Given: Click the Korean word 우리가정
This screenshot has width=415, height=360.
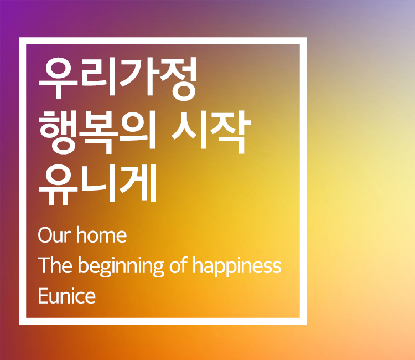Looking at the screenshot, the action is pyautogui.click(x=118, y=79).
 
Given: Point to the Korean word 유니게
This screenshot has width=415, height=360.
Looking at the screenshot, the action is pyautogui.click(x=98, y=184).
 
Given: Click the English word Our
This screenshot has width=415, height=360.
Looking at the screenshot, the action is pyautogui.click(x=55, y=235).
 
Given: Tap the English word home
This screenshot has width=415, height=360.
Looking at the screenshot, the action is pyautogui.click(x=102, y=234).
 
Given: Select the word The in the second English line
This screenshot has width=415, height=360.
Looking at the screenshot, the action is pyautogui.click(x=55, y=265).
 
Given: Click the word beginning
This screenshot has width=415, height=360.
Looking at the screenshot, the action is pyautogui.click(x=121, y=266).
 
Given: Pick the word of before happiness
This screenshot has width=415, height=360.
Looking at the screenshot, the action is pyautogui.click(x=178, y=265).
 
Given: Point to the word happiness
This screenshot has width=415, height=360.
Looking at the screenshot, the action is pyautogui.click(x=237, y=266).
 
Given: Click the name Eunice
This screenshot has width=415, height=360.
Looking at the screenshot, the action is pyautogui.click(x=67, y=296).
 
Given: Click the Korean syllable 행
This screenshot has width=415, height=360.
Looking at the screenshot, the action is pyautogui.click(x=58, y=132).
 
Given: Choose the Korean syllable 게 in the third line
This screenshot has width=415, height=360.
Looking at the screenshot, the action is pyautogui.click(x=138, y=183).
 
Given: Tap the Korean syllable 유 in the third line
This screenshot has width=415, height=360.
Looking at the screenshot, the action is pyautogui.click(x=58, y=185).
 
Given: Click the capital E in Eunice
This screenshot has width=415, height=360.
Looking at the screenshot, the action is pyautogui.click(x=43, y=296).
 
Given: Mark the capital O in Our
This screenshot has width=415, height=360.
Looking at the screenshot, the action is pyautogui.click(x=46, y=235).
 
